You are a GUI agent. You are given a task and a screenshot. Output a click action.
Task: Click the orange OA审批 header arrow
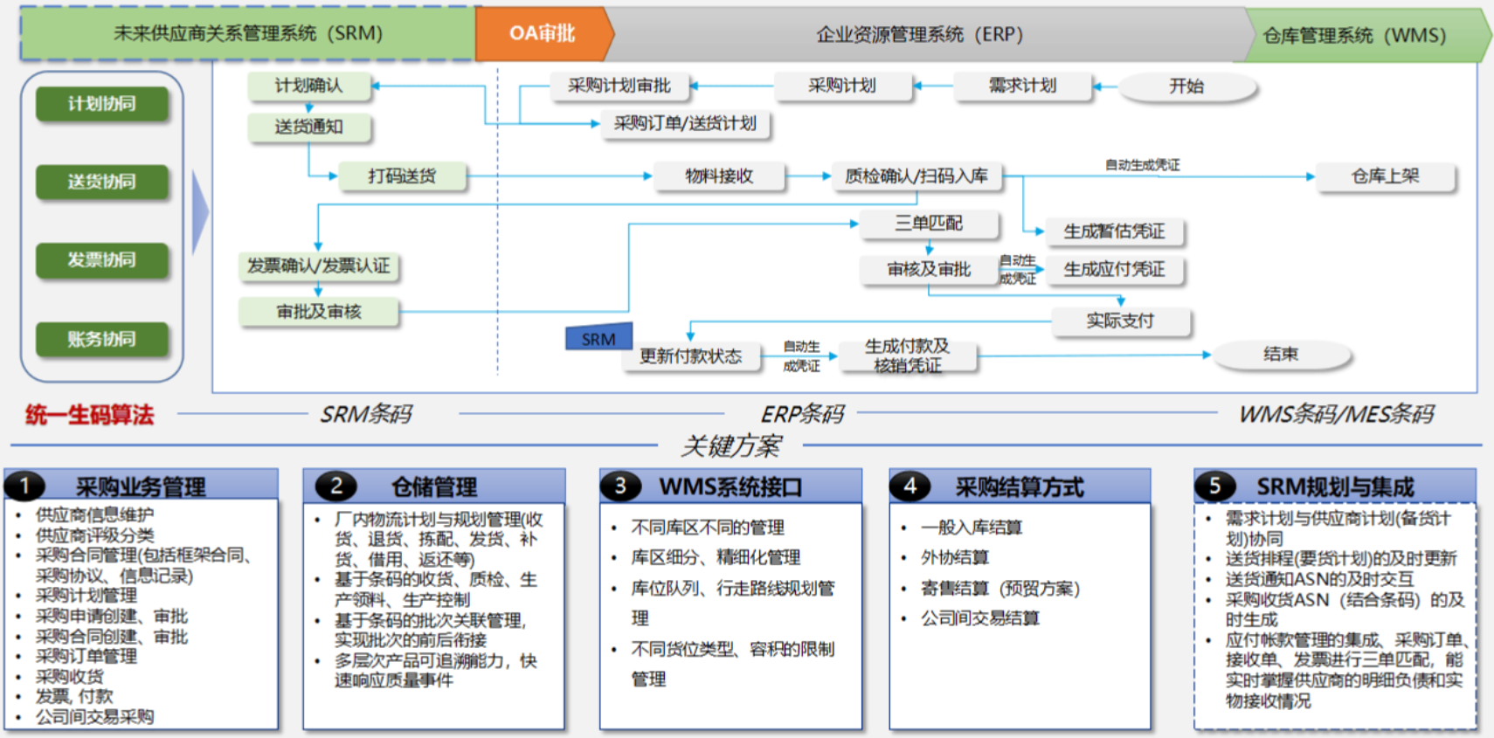pos(543,33)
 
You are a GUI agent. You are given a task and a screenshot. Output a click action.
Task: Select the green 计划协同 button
pos(102,104)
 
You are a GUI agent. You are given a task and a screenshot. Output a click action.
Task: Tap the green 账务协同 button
pos(102,340)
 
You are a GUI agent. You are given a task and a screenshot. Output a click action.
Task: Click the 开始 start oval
pos(1187,86)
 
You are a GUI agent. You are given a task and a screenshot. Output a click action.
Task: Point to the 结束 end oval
pos(1281,355)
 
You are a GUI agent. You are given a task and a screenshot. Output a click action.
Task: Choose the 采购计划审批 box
pos(619,86)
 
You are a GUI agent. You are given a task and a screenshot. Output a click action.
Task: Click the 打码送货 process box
pos(402,176)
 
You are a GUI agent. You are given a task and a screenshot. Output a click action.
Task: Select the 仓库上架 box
pos(1386,176)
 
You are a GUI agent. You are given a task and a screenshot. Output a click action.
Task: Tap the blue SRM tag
pos(598,337)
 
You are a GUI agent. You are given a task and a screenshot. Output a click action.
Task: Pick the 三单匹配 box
pos(929,224)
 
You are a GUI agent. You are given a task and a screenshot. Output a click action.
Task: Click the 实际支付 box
pos(1120,321)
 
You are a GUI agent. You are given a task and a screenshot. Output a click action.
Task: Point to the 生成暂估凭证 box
pos(1115,232)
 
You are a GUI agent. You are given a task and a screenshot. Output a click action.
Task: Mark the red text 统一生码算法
pos(89,415)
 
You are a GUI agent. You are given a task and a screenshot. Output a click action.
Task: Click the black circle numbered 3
pos(620,486)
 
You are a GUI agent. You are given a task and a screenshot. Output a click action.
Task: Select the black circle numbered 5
pos(1214,486)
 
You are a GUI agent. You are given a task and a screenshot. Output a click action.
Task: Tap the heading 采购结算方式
pos(1019,487)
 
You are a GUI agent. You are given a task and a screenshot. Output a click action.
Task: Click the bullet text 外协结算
pos(955,557)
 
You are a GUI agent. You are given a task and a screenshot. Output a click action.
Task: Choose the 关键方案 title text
pos(730,446)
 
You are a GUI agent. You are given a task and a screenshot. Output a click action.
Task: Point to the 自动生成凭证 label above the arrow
pos(1143,165)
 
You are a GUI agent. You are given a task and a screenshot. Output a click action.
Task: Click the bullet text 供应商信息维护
pos(94,514)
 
